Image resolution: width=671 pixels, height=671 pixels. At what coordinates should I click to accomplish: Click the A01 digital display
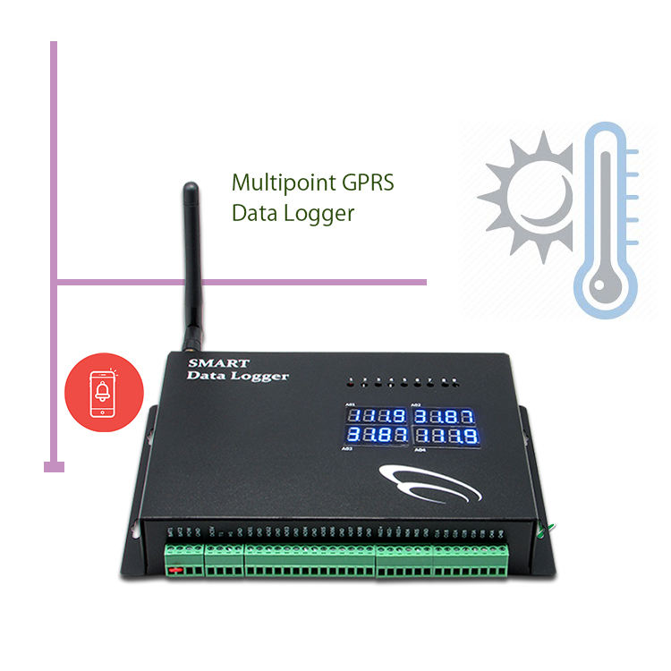377,417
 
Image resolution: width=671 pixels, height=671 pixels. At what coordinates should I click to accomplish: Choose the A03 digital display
377,436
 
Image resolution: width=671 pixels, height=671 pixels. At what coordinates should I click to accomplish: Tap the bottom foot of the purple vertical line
55,465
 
